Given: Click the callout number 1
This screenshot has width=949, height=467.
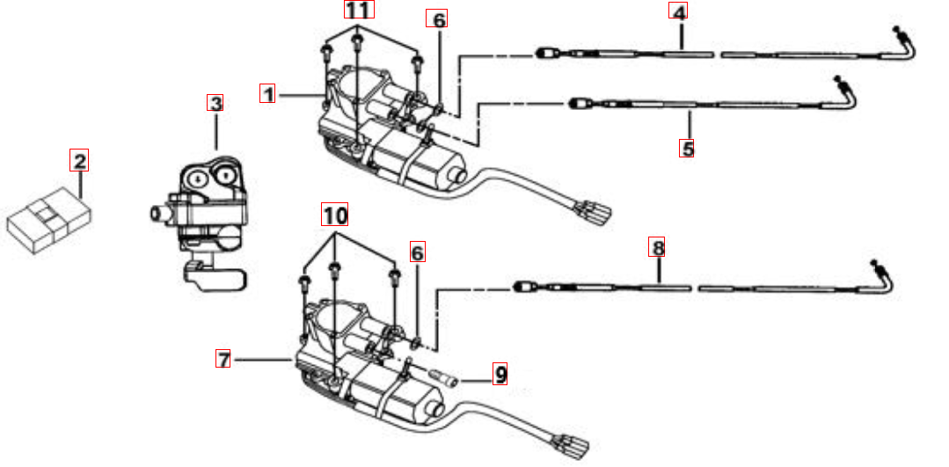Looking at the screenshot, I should (x=268, y=92).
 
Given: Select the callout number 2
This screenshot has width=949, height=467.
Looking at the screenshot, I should (x=80, y=161).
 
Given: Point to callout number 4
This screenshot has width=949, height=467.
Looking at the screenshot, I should (x=678, y=11).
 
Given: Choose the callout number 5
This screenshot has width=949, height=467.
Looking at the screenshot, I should (x=687, y=148).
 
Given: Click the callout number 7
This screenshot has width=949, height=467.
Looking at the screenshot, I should (x=224, y=358).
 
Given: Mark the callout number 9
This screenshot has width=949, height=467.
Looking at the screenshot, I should (x=500, y=376).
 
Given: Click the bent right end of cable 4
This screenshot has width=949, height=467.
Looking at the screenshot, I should (x=905, y=44).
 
